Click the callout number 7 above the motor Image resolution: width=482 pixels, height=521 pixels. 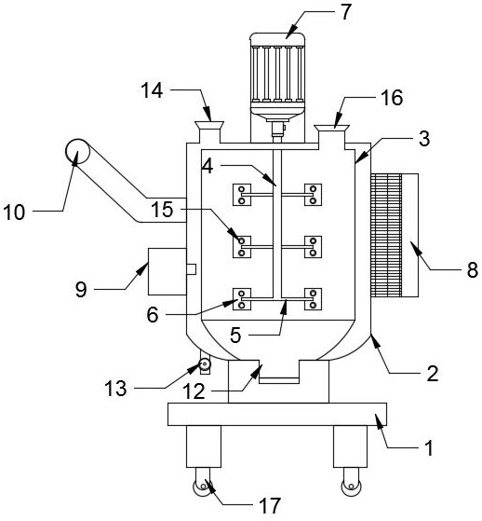pos(345,12)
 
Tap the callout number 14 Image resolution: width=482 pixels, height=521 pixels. pos(152,90)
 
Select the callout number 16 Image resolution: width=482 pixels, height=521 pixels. pos(392,98)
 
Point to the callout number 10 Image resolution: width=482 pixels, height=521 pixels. pos(14,212)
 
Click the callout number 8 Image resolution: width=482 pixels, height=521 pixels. pos(473,269)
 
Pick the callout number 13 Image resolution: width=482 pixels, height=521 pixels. pos(115,388)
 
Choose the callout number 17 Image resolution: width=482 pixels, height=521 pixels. pos(270,506)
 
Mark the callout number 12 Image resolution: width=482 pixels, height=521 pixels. pos(194,391)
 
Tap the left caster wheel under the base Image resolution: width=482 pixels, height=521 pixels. pos(202,487)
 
